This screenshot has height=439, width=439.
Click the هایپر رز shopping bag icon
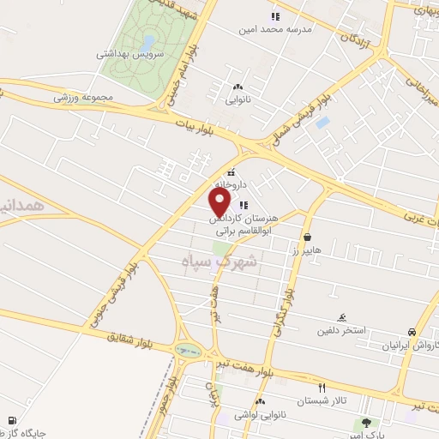[x=307, y=237]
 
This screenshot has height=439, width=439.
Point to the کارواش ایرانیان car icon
[x=412, y=332]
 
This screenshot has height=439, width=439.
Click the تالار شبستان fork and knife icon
[x=322, y=387]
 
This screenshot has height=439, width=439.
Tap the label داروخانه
[x=230, y=184]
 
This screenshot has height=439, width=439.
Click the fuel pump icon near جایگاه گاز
[x=10, y=421]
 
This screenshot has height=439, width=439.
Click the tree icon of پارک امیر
[x=368, y=422]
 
